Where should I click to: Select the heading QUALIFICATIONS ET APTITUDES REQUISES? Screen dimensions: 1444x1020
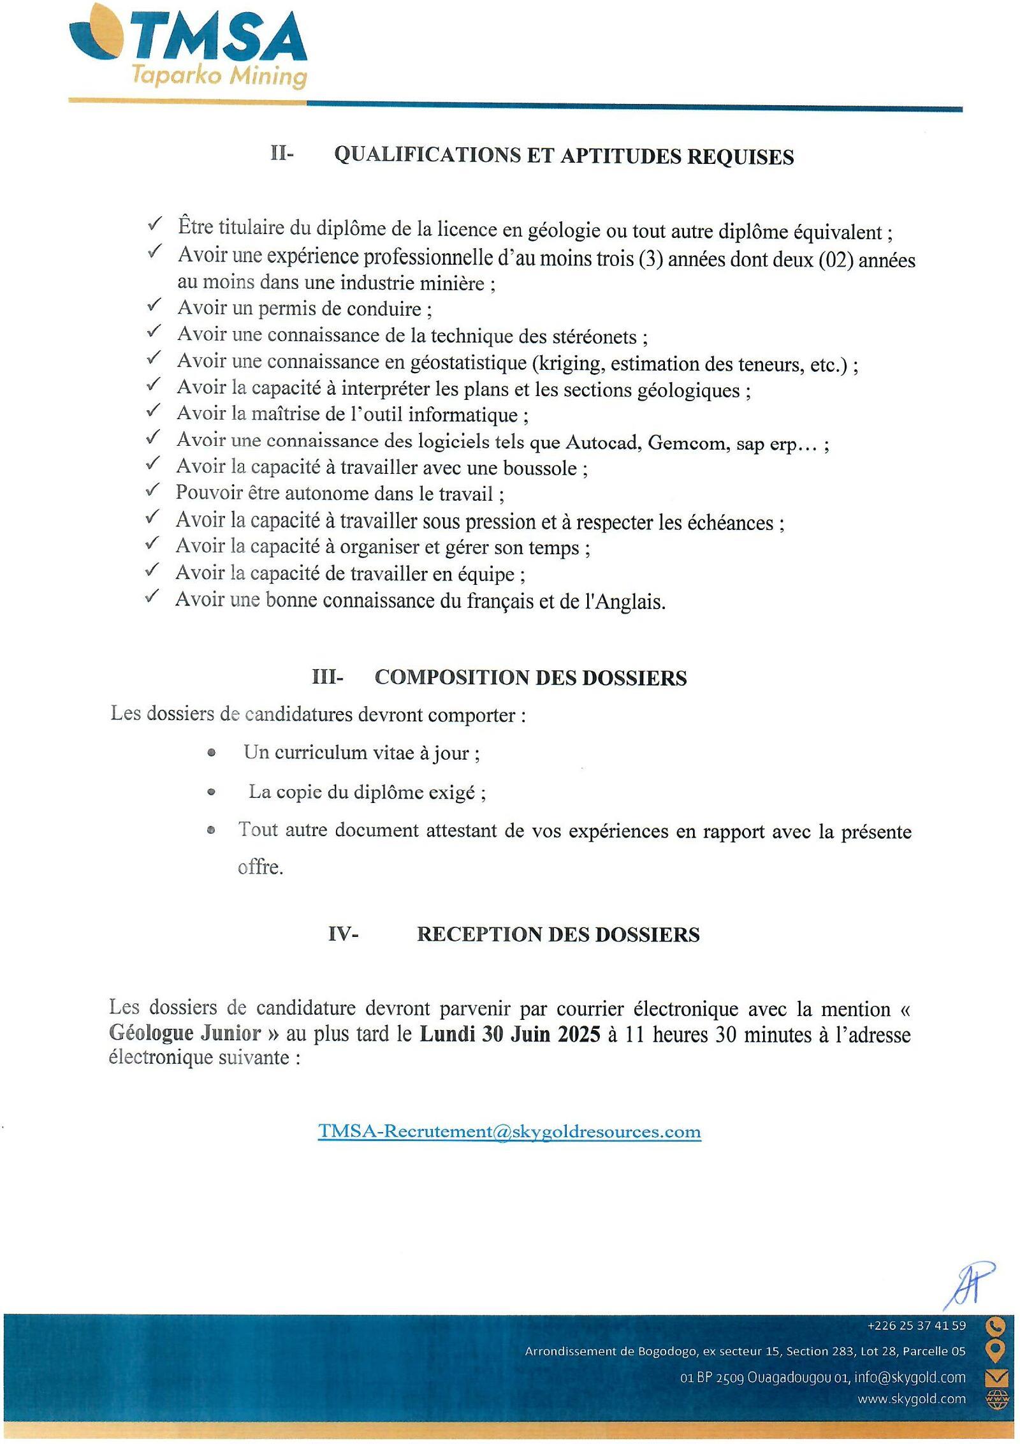click(x=564, y=156)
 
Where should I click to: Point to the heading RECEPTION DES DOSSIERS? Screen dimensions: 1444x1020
click(x=558, y=934)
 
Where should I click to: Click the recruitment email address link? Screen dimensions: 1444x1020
click(x=509, y=1131)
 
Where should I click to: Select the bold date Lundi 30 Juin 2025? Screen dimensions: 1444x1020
click(x=510, y=1034)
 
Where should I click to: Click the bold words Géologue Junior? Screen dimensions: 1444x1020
click(x=186, y=1033)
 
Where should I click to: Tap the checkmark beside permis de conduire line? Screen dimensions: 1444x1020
click(x=154, y=306)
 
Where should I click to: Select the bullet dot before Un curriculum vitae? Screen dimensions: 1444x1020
click(x=212, y=753)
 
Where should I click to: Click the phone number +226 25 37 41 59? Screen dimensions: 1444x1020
click(x=916, y=1325)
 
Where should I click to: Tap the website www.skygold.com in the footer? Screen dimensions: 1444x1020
click(x=911, y=1399)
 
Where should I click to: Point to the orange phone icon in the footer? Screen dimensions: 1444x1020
click(x=995, y=1326)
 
